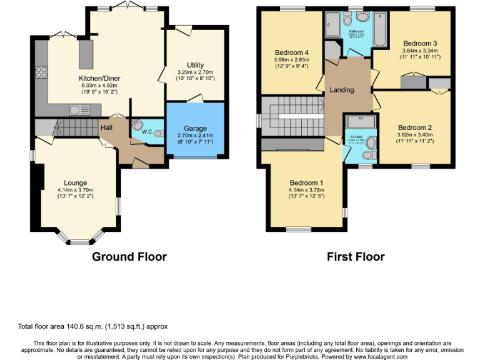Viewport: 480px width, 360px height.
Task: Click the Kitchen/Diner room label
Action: coord(99,78)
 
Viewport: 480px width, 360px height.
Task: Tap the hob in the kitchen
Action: coord(42,71)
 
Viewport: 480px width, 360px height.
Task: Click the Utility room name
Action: coord(195,65)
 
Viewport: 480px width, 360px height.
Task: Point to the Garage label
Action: coord(196,127)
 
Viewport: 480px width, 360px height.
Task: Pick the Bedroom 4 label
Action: coord(291,52)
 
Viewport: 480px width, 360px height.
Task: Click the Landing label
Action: coord(342,90)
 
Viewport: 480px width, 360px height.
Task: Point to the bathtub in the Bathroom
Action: coord(380,29)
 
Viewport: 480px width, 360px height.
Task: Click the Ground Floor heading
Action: coord(129,256)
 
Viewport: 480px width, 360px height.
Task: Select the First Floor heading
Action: coord(356,256)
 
